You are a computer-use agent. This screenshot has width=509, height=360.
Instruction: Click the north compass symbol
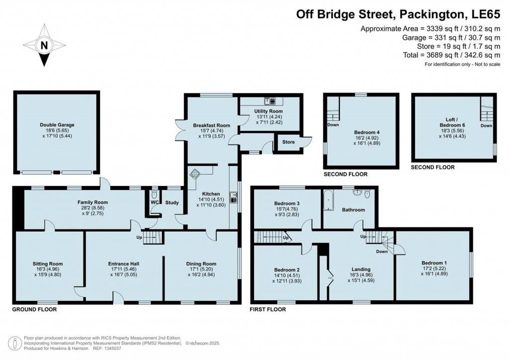tap(45, 46)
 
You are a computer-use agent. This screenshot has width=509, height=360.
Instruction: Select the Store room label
tap(288, 142)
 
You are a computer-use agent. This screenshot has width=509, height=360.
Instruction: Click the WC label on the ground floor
tap(154, 202)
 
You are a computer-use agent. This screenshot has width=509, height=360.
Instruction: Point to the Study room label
tap(172, 202)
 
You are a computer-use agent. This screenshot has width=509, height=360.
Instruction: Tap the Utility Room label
tap(268, 111)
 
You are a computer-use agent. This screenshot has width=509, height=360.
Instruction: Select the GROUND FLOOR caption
tap(34, 309)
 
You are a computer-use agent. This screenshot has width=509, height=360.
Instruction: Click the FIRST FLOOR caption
tap(268, 309)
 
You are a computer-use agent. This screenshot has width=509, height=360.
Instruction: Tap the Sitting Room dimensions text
tap(48, 272)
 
